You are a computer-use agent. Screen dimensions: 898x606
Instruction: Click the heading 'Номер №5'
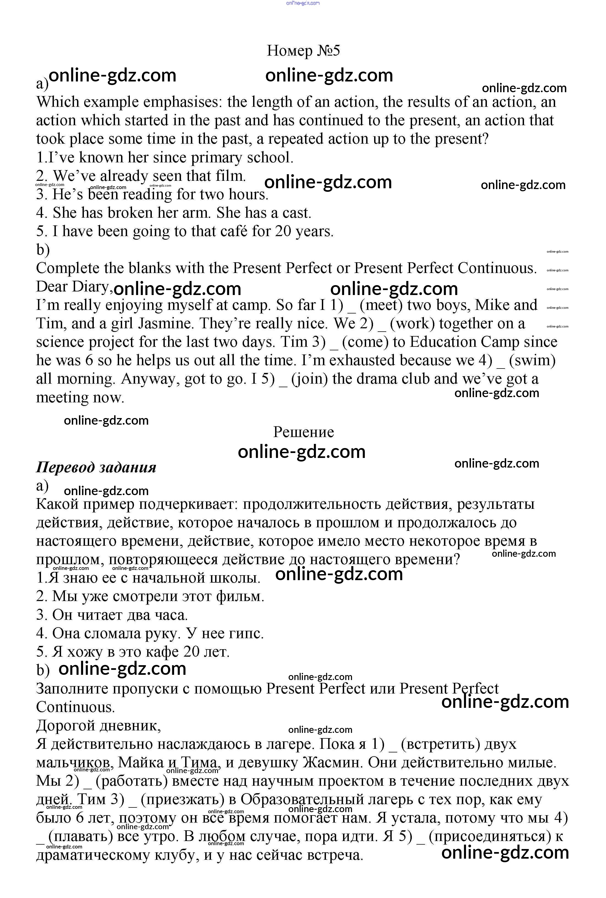click(303, 51)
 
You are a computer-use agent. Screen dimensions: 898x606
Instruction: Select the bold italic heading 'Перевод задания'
click(96, 467)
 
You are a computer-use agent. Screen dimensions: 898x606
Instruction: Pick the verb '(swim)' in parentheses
click(532, 361)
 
